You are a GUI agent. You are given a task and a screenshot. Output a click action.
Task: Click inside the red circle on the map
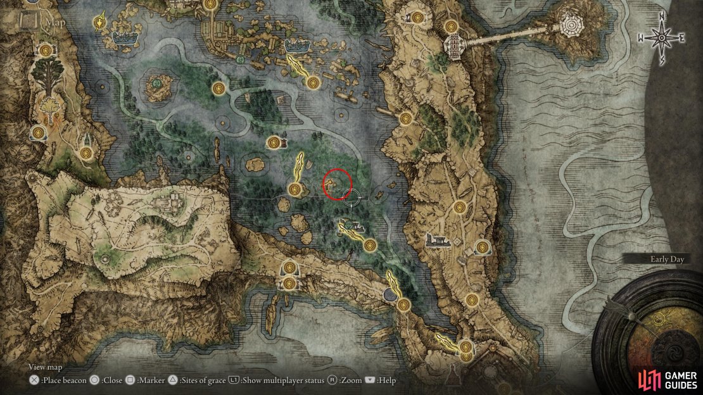point(336,184)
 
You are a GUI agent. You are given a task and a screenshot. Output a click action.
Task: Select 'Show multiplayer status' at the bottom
point(282,380)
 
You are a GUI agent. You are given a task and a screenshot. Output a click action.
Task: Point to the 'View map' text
point(45,367)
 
